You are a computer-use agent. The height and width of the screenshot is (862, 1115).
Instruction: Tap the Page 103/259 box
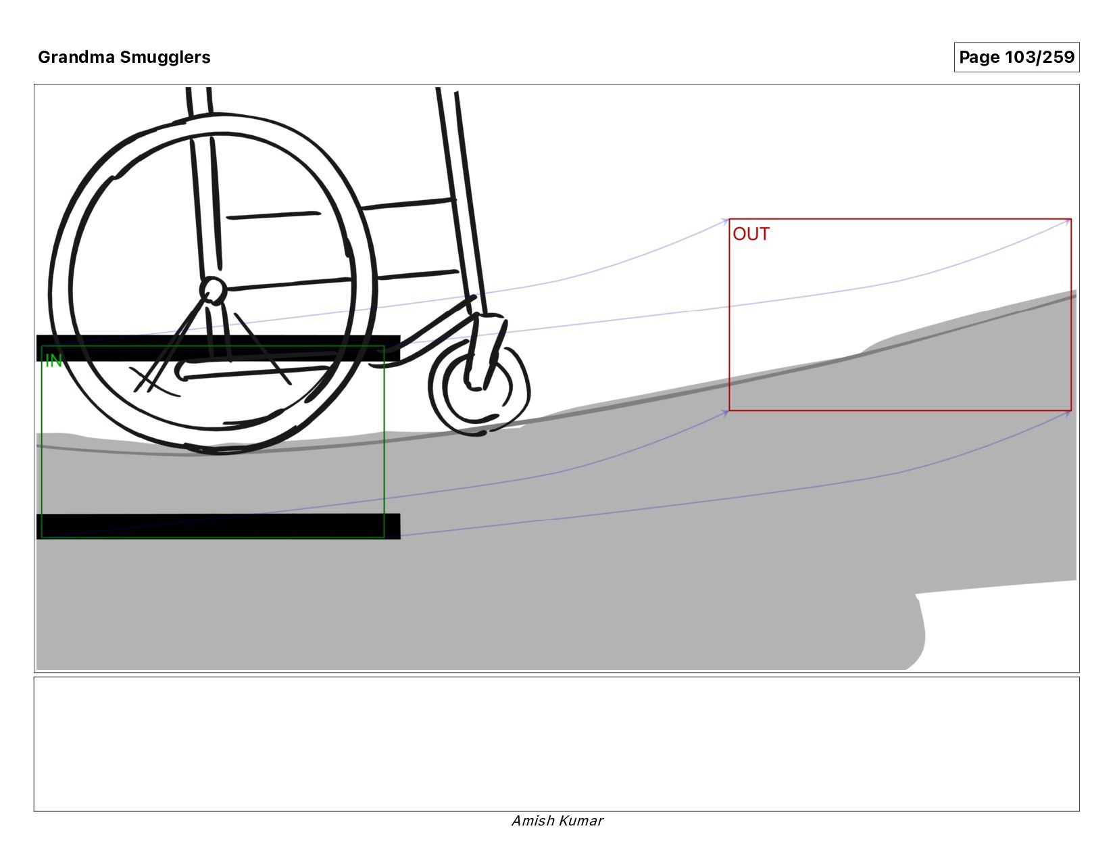pos(1016,57)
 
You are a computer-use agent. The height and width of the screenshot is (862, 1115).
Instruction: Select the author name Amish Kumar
pos(557,821)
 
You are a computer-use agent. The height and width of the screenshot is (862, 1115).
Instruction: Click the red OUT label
pos(751,234)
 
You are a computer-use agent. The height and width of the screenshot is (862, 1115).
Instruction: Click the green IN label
pos(53,361)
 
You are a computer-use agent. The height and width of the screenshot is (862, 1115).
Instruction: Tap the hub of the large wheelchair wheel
pos(213,291)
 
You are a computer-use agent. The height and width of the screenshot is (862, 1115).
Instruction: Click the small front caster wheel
pos(479,388)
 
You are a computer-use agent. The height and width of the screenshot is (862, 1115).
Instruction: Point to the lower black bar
pos(218,526)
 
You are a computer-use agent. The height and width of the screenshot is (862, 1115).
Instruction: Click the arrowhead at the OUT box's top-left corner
pos(726,220)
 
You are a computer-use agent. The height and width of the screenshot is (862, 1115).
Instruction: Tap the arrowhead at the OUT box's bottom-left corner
pos(726,412)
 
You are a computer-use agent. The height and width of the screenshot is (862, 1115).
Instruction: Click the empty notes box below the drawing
pos(557,744)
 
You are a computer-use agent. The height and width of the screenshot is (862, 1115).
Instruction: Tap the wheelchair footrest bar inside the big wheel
pos(257,372)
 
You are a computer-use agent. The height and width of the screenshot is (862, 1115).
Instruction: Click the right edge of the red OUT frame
pos(1071,314)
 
